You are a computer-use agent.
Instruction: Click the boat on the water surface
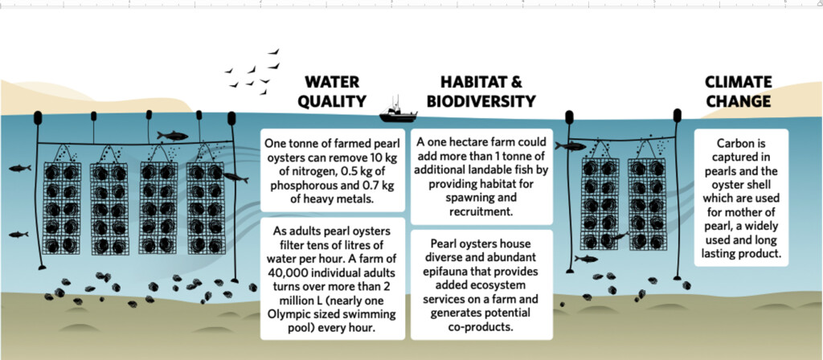coord(399,112)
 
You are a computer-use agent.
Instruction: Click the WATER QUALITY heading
coord(332,92)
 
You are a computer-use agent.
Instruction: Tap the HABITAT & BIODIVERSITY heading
coord(481,92)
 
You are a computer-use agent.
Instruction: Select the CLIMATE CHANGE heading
coord(739,92)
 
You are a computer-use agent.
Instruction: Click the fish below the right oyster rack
coord(586,258)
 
